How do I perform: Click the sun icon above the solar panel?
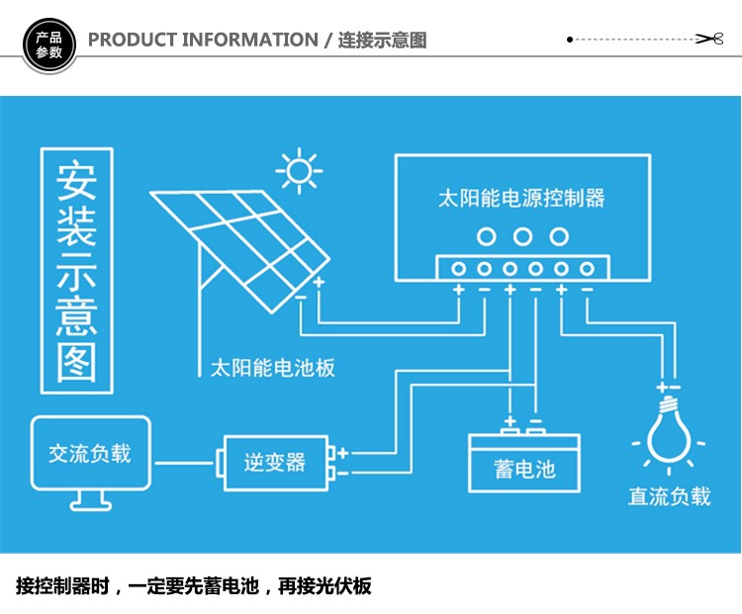point(299,170)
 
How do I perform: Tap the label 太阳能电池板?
point(273,368)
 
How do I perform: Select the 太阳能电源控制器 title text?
point(521,198)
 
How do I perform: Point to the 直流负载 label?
point(670,496)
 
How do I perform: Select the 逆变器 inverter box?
point(275,462)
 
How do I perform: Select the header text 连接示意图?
point(382,41)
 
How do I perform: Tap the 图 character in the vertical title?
point(76,362)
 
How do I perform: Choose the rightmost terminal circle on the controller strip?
point(588,269)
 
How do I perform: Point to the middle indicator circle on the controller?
point(522,236)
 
